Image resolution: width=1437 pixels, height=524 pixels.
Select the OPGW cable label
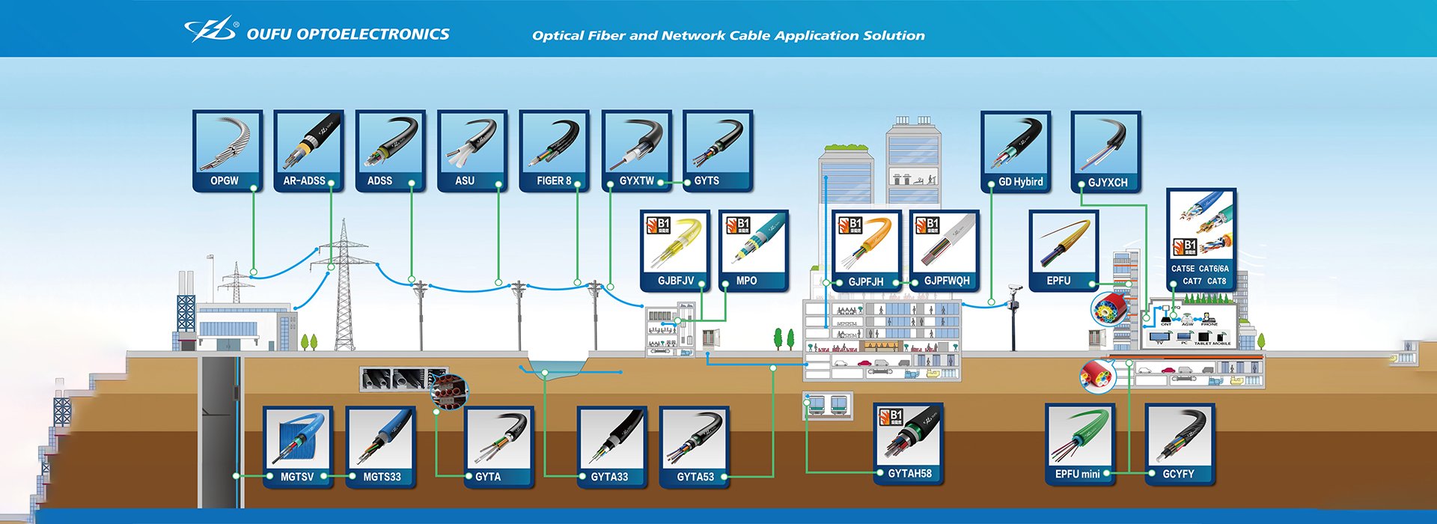pos(225,181)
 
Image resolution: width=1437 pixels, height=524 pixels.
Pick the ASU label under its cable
pos(465,181)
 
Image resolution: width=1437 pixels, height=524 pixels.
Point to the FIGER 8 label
pos(554,181)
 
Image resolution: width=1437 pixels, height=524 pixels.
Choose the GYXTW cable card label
pos(637,181)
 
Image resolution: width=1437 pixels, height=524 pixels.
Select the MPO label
pos(746,281)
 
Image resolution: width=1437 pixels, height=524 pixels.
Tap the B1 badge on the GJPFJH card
pos(850,225)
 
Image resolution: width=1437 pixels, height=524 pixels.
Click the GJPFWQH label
pos(947,281)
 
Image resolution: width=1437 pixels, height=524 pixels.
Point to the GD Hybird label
pos(1021,182)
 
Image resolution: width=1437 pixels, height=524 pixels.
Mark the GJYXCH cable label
pos(1108,183)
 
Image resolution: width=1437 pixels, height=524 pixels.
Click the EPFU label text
pos(1058,281)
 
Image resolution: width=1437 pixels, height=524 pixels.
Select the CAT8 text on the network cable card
pos(1217,281)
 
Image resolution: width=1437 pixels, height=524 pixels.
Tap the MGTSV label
pos(297,477)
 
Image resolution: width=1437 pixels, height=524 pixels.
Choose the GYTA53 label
pos(695,477)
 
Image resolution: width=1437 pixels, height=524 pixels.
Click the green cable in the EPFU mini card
pos(1082,434)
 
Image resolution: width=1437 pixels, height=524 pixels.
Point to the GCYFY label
pos(1178,475)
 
